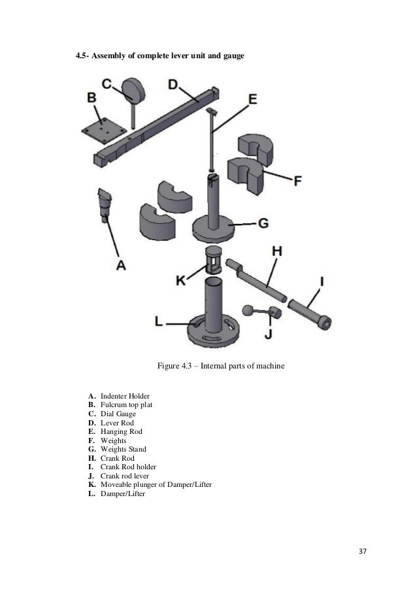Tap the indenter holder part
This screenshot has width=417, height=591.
105,203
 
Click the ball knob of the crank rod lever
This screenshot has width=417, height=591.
248,310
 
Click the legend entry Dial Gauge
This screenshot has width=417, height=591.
120,414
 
